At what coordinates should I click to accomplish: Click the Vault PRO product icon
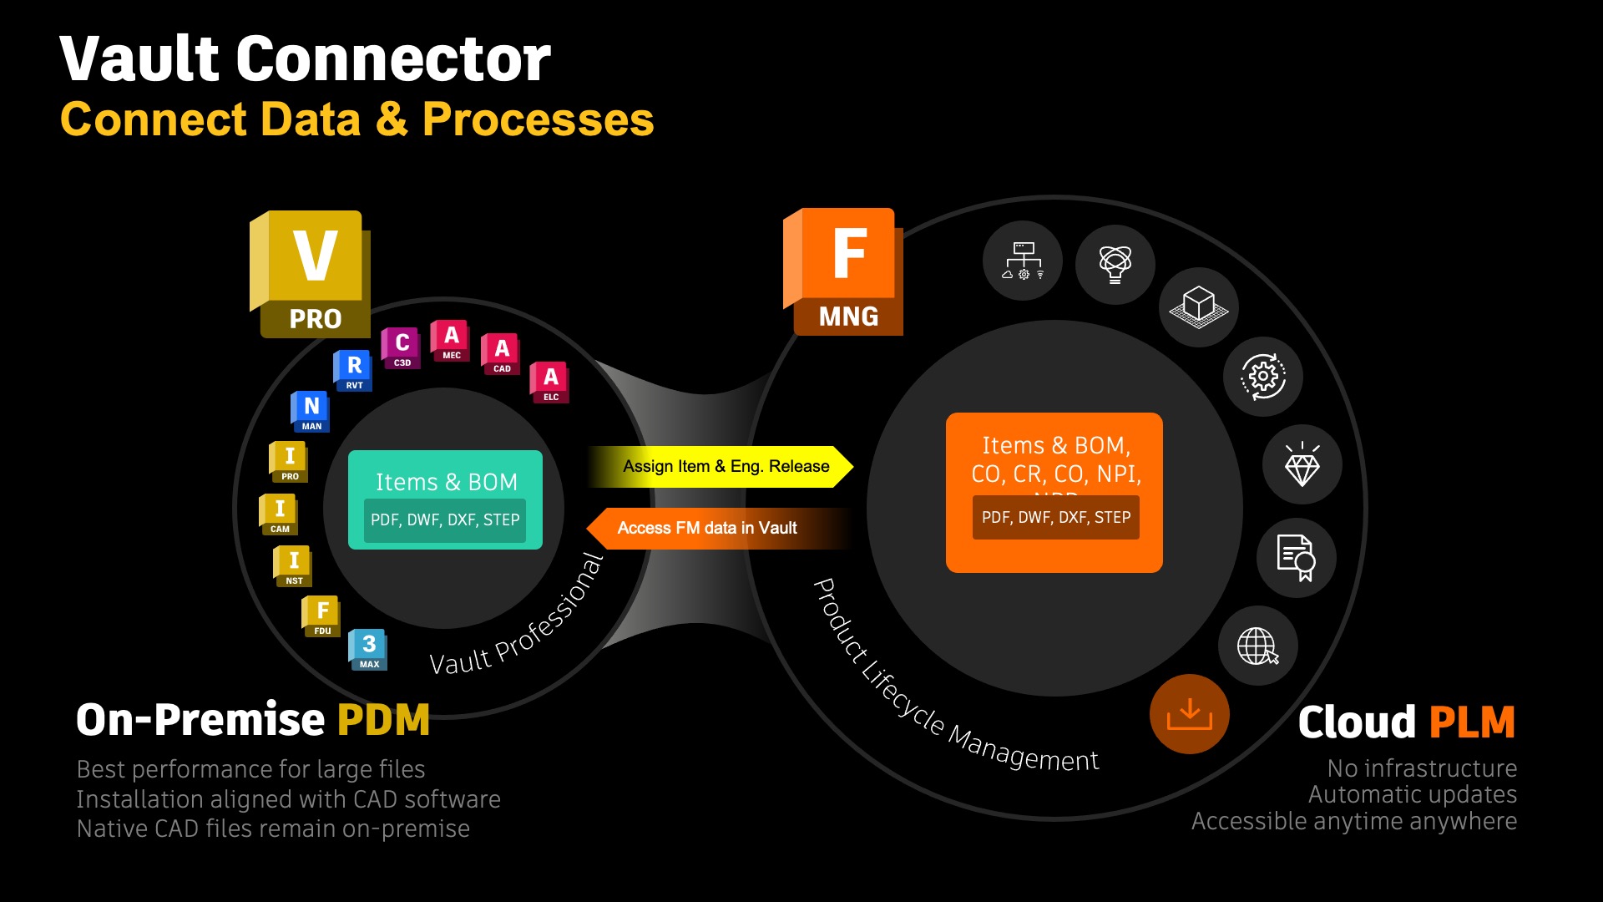tap(310, 274)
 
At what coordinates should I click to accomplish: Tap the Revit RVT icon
tap(353, 370)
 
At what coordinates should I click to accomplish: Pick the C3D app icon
tap(402, 347)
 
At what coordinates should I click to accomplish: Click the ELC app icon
tap(550, 383)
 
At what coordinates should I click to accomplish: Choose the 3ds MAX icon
tap(368, 649)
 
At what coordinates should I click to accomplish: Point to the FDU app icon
tap(321, 616)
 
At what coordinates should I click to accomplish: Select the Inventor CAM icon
tap(279, 514)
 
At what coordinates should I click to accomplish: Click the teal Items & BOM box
tap(445, 499)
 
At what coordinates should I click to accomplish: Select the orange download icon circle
tap(1189, 714)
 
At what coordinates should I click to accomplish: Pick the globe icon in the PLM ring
tap(1257, 646)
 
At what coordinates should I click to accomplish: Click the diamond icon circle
tap(1302, 464)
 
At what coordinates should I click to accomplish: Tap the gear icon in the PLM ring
tap(1262, 377)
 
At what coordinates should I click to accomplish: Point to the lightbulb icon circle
tap(1115, 264)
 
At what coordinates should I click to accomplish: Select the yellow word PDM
tap(383, 720)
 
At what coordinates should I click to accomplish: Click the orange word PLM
tap(1471, 722)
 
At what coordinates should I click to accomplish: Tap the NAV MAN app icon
tap(311, 411)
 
